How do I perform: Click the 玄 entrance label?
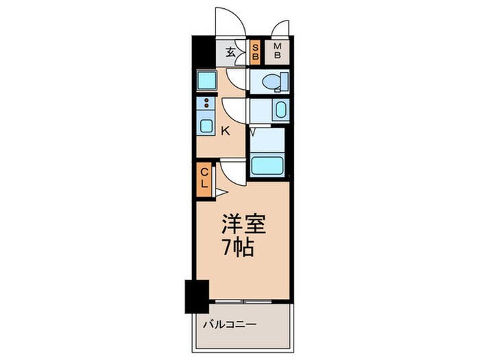point(231,51)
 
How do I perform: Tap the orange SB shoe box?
point(255,53)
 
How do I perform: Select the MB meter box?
point(278,52)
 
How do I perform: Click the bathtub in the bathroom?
point(267,165)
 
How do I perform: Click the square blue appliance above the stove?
point(206,82)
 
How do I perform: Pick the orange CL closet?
point(204,178)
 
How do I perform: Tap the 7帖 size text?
point(238,247)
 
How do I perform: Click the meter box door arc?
point(280,28)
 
